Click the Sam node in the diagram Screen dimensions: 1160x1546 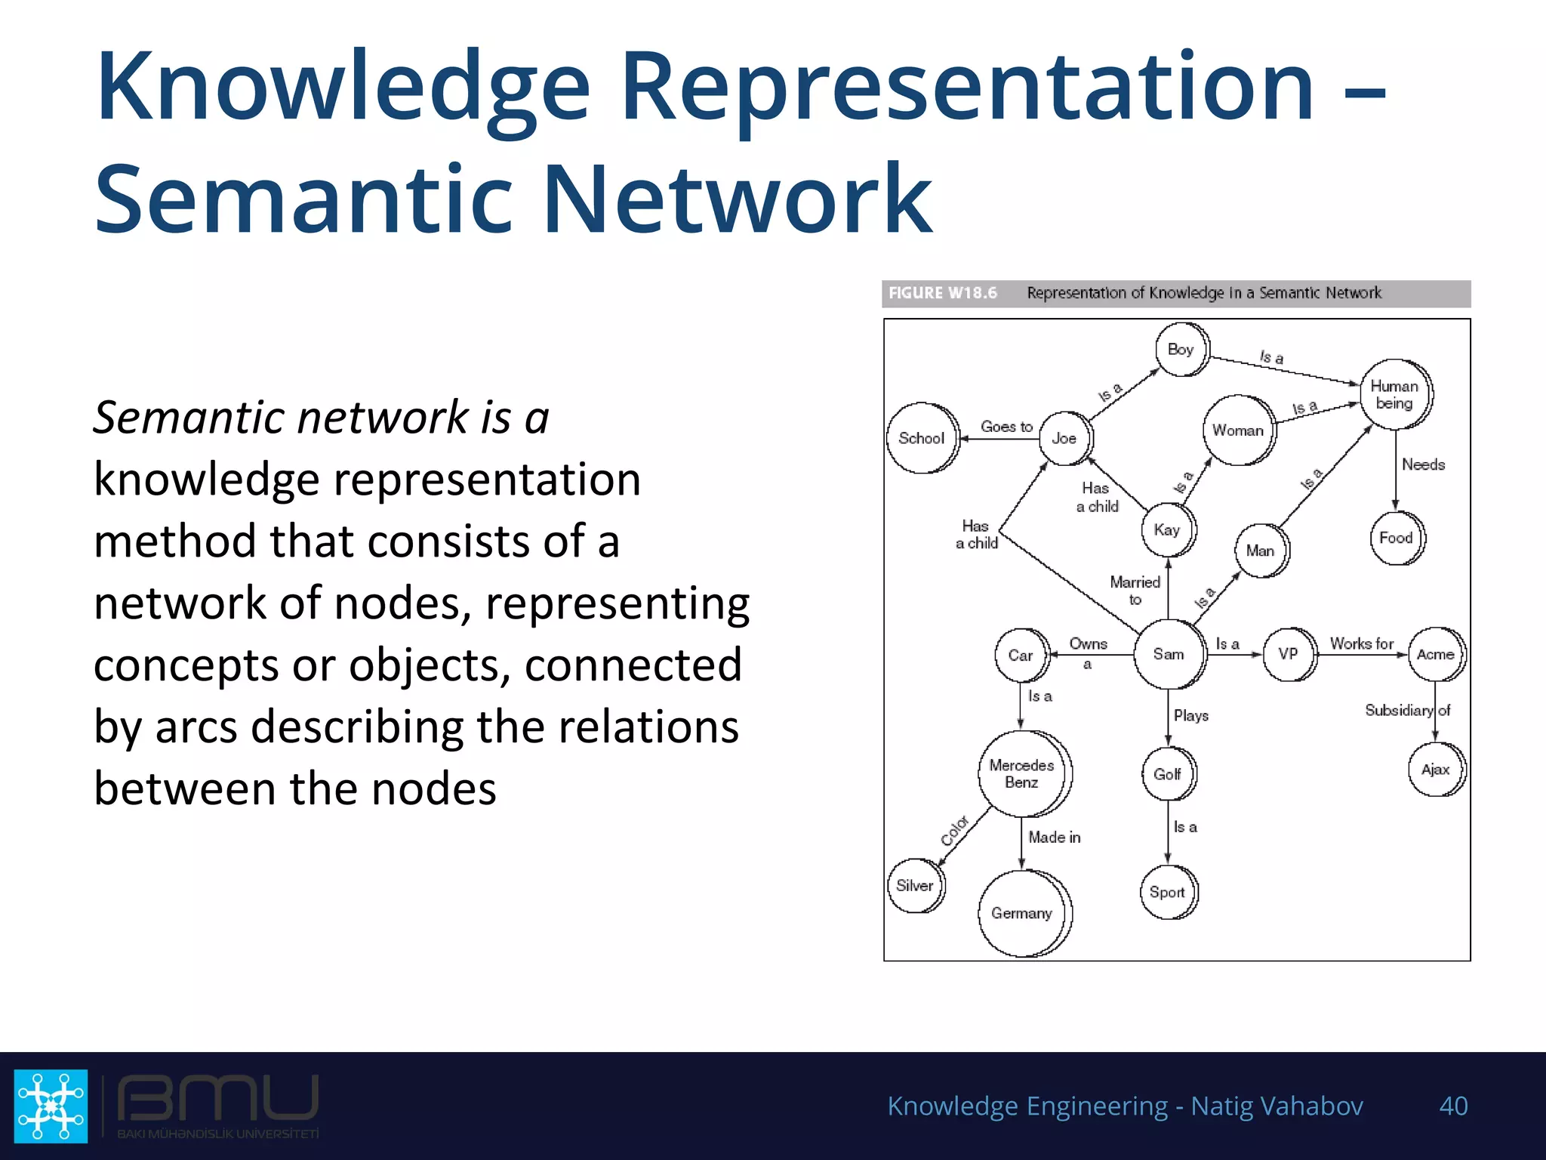click(1169, 654)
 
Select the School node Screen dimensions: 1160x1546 click(922, 438)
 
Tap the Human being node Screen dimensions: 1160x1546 click(1395, 394)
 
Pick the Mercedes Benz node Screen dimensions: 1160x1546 click(1022, 773)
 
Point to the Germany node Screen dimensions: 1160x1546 click(1022, 913)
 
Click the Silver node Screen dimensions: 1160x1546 click(915, 885)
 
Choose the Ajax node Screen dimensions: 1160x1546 click(1436, 770)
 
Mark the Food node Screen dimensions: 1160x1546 click(1396, 538)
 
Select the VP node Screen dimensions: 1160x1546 click(1289, 654)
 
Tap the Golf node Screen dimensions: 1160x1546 click(1167, 774)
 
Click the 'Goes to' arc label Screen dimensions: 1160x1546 click(1006, 427)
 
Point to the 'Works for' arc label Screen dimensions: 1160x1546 click(1361, 643)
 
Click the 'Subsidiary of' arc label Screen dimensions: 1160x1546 click(1407, 710)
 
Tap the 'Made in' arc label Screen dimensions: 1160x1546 click(1054, 837)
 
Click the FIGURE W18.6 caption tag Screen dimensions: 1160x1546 click(943, 293)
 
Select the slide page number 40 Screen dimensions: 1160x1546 click(1453, 1106)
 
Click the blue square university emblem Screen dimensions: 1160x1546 click(51, 1106)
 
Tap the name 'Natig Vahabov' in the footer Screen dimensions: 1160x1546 click(1277, 1106)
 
